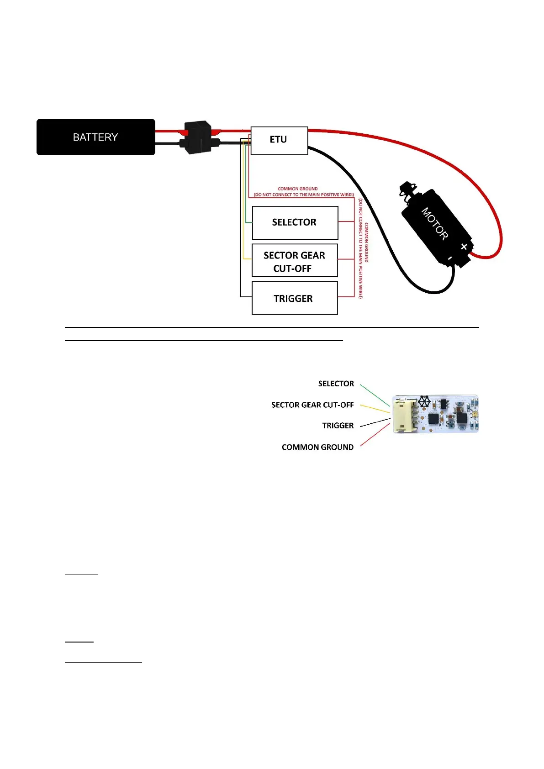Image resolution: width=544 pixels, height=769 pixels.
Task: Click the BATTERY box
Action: (95, 137)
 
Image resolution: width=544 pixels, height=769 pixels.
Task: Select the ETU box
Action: (279, 140)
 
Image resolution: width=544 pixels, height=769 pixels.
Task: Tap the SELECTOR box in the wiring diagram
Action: (295, 222)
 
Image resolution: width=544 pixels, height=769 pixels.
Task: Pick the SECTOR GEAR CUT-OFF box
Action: (295, 261)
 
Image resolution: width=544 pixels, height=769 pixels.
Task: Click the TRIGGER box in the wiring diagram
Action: (295, 298)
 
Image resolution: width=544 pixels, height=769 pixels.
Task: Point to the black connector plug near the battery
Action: (197, 137)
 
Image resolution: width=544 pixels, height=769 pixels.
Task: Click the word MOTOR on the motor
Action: (434, 223)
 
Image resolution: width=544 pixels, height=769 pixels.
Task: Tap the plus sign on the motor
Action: (464, 247)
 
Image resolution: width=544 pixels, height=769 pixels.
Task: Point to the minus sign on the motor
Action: (450, 258)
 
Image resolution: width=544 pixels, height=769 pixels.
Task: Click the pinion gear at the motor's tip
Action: (408, 190)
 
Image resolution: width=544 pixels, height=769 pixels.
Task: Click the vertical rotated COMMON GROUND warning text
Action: (363, 249)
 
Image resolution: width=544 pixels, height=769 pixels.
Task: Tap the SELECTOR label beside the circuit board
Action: (336, 384)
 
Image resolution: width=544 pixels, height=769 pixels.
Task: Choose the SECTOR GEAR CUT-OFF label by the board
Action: (312, 405)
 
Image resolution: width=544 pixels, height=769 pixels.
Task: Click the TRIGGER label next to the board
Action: (338, 426)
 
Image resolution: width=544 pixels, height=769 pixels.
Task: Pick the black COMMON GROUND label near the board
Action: (317, 447)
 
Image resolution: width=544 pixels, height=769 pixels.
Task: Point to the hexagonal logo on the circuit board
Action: (424, 401)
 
